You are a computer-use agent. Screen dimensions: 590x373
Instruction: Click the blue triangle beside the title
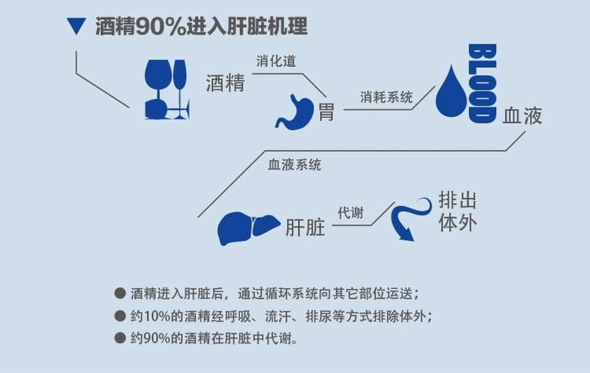pyautogui.click(x=77, y=26)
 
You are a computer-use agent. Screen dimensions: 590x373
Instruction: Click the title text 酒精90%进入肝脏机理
pyautogui.click(x=201, y=27)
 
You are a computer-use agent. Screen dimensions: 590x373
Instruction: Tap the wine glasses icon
pyautogui.click(x=166, y=90)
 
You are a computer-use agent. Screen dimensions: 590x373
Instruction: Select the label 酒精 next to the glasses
pyautogui.click(x=225, y=82)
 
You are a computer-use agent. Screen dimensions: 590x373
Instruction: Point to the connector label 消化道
pyautogui.click(x=276, y=61)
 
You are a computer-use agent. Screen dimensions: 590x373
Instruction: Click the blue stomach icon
pyautogui.click(x=295, y=112)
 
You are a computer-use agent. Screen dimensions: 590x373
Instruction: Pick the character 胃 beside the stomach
pyautogui.click(x=326, y=111)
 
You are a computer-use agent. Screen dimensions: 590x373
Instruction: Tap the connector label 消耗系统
pyautogui.click(x=386, y=97)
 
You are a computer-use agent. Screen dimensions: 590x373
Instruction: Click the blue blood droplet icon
pyautogui.click(x=451, y=91)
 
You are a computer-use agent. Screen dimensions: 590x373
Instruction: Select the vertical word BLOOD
pyautogui.click(x=482, y=83)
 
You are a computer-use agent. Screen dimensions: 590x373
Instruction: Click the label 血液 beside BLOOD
pyautogui.click(x=522, y=115)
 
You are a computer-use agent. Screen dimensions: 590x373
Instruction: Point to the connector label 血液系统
pyautogui.click(x=295, y=165)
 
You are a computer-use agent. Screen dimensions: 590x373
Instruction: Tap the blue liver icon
pyautogui.click(x=249, y=228)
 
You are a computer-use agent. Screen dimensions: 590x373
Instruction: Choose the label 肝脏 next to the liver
pyautogui.click(x=306, y=228)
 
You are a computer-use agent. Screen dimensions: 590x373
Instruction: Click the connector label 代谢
pyautogui.click(x=350, y=213)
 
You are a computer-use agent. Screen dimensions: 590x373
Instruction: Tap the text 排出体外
pyautogui.click(x=457, y=212)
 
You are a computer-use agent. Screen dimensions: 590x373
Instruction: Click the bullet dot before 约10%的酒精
pyautogui.click(x=120, y=316)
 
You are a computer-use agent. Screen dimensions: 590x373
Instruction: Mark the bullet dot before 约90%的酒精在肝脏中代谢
pyautogui.click(x=120, y=337)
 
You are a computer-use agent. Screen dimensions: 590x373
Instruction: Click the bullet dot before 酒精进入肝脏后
pyautogui.click(x=120, y=293)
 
